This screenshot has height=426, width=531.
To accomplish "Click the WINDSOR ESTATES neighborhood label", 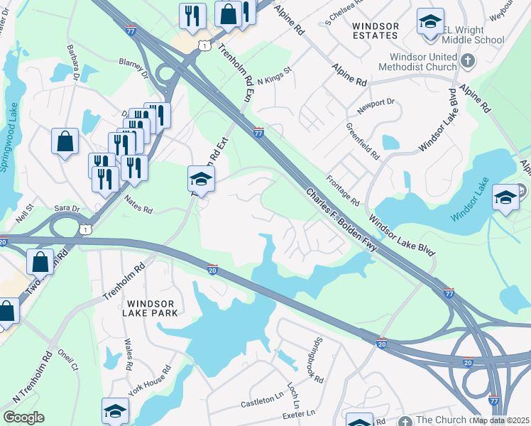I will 376,31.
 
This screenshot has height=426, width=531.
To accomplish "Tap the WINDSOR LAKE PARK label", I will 149,307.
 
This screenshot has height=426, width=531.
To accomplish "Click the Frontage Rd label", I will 343,191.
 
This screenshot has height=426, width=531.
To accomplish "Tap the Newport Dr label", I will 376,104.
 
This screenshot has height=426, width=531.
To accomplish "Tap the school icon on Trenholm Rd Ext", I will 201,180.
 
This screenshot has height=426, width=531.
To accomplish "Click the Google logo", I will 23,417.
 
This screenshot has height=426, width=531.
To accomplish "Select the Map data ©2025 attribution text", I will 500,420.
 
